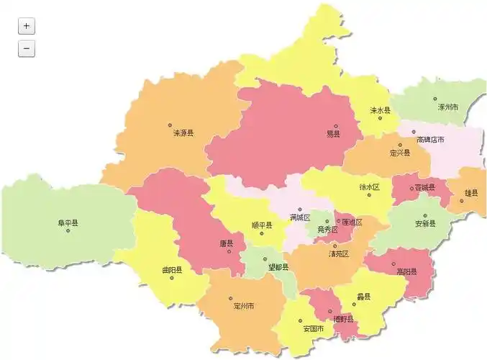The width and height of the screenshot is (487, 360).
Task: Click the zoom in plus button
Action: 26,26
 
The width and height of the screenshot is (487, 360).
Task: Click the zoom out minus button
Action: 26,49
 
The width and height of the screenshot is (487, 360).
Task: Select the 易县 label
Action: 333,134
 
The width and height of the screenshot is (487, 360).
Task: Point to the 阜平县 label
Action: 68,223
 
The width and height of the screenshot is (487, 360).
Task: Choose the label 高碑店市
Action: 431,140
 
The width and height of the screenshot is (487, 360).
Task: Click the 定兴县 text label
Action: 400,153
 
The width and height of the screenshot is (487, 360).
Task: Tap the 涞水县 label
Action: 380,110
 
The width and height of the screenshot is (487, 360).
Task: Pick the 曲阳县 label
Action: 172,270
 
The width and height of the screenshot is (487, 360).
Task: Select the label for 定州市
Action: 244,306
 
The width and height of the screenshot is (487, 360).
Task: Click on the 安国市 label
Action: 313,329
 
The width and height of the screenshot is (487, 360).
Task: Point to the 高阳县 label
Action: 406,272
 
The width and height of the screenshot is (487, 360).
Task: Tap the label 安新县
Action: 425,223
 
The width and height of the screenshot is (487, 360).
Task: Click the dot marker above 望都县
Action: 265,258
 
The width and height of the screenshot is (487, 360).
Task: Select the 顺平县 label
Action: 262,225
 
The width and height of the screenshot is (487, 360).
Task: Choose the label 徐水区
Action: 369,186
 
